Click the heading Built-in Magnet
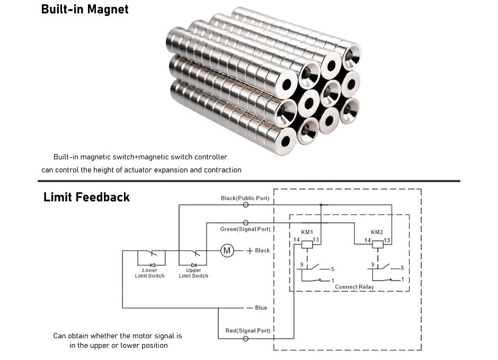pyautogui.click(x=85, y=9)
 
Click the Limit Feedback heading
pyautogui.click(x=86, y=197)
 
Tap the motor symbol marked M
pyautogui.click(x=227, y=250)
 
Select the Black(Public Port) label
pyautogui.click(x=245, y=198)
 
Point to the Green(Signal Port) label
pyautogui.click(x=245, y=229)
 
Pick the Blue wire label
pyautogui.click(x=261, y=308)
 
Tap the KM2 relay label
pyautogui.click(x=377, y=232)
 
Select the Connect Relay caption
pyautogui.click(x=354, y=287)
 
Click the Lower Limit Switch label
pyautogui.click(x=149, y=273)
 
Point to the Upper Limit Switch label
pyautogui.click(x=193, y=273)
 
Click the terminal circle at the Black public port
pyautogui.click(x=245, y=204)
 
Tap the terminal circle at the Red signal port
pyautogui.click(x=245, y=338)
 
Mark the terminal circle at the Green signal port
pyautogui.click(x=245, y=223)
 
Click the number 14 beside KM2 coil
pyautogui.click(x=367, y=240)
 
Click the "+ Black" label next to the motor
pyautogui.click(x=258, y=250)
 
